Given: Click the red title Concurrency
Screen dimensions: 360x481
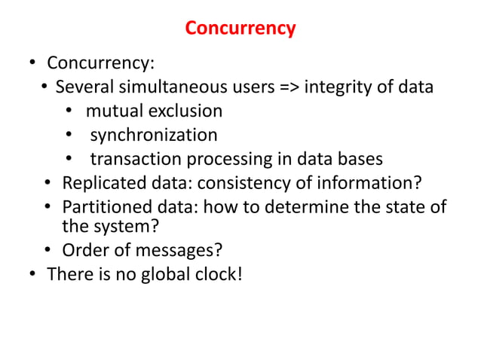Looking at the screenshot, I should tap(240, 29).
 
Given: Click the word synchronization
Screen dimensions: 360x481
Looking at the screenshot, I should tap(154, 136).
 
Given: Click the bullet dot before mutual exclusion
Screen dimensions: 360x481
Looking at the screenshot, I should tap(68, 112).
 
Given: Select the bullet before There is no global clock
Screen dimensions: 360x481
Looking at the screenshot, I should tap(32, 274).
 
